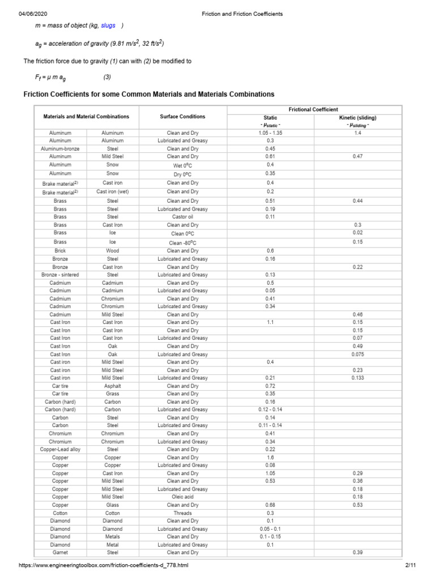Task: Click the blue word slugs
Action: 108,25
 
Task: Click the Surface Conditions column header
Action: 183,117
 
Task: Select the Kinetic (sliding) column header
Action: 357,118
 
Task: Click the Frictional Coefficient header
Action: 313,109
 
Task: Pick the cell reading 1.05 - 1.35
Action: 270,133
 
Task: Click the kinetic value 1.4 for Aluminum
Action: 357,133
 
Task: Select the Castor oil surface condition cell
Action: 182,217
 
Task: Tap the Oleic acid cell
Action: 182,497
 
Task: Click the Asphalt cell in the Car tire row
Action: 112,386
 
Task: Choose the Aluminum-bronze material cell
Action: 60,148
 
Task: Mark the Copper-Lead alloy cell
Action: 60,449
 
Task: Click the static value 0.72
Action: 270,386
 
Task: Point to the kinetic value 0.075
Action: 357,354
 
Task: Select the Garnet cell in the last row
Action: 60,552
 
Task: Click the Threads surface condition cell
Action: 182,513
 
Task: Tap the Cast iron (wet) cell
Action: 112,191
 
